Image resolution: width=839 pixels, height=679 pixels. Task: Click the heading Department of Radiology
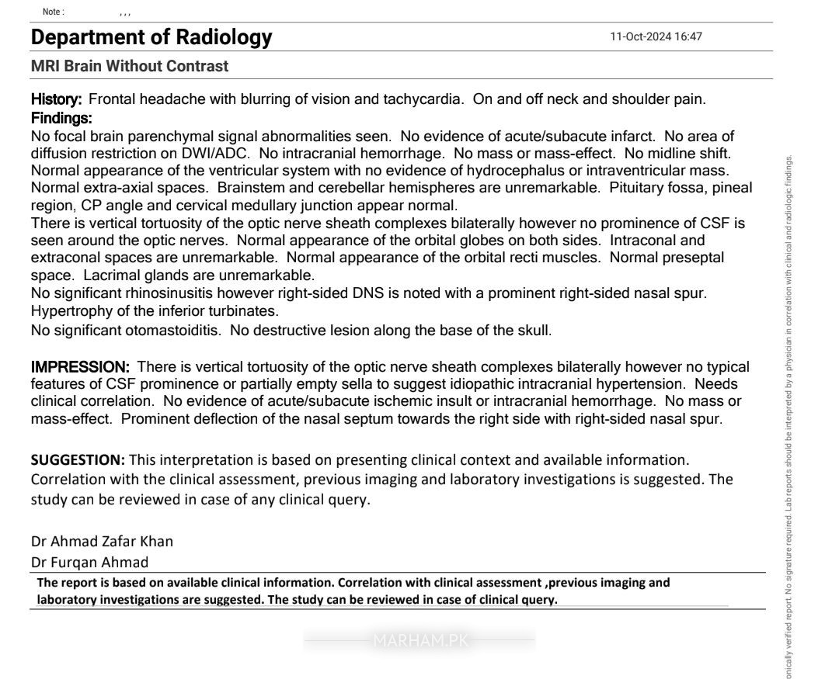click(151, 37)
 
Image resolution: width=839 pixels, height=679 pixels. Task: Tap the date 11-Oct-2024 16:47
click(656, 37)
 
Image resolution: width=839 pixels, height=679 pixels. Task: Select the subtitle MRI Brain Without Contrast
click(130, 67)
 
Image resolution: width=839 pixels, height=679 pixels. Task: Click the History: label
click(56, 99)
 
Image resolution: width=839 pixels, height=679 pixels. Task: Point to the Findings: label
click(61, 119)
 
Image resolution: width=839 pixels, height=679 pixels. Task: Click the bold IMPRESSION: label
click(80, 367)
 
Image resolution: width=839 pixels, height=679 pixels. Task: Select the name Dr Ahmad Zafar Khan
click(102, 541)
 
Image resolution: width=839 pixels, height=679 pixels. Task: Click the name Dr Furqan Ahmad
click(89, 562)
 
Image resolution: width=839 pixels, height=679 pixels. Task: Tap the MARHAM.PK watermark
click(419, 641)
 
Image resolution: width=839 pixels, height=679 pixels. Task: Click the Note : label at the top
click(54, 12)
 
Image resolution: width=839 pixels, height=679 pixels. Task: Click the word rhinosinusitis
click(168, 293)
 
